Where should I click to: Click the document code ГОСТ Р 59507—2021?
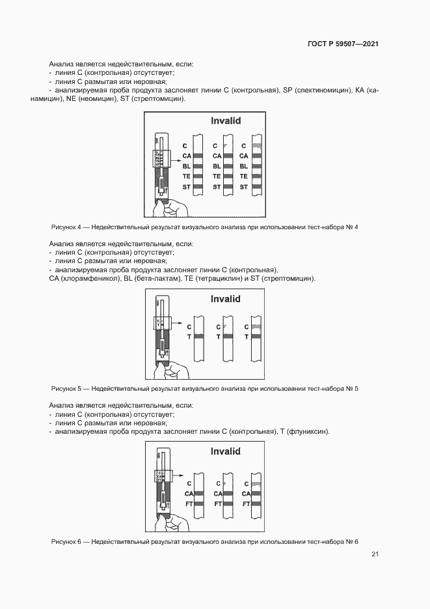(343, 44)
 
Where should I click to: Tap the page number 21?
(375, 554)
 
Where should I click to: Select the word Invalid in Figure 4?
(226, 121)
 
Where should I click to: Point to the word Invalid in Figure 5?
(226, 299)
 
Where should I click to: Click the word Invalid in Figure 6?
(226, 451)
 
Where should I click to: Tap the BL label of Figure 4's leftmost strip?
(186, 166)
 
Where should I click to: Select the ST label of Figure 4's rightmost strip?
(244, 188)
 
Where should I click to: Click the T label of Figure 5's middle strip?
(218, 337)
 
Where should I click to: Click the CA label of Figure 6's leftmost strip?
(189, 494)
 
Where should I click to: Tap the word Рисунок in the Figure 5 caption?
(64, 389)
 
